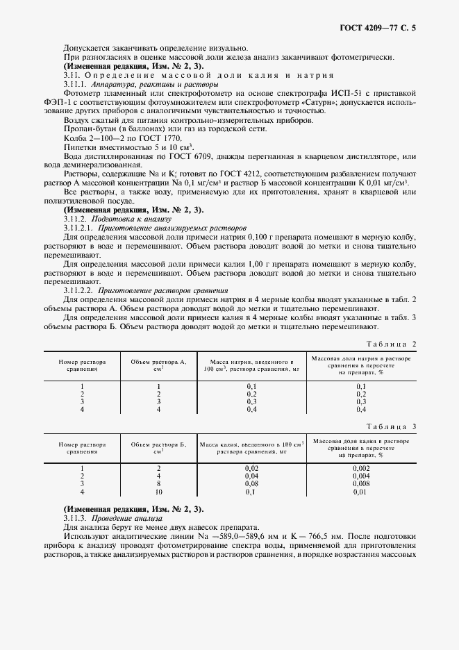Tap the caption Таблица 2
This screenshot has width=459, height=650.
click(392, 344)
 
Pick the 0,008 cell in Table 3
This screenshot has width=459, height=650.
click(360, 483)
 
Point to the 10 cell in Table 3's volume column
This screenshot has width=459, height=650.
click(158, 492)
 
